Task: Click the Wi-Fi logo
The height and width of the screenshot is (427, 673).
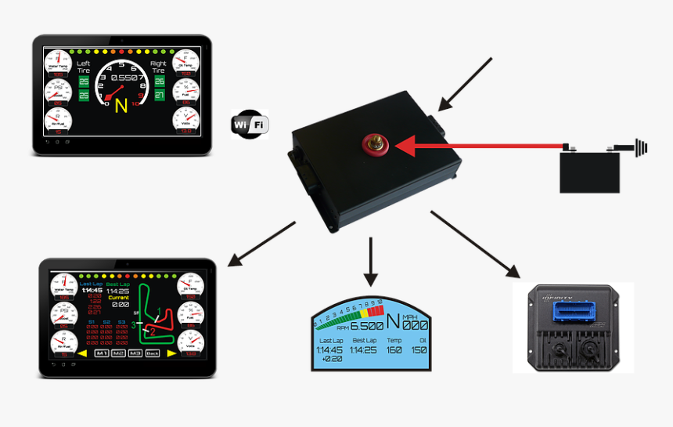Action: coord(250,125)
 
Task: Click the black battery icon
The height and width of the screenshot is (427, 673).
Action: coord(589,172)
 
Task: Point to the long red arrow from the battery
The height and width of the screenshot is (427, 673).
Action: coord(485,146)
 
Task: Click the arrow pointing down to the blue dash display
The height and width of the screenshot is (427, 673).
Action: coord(371,262)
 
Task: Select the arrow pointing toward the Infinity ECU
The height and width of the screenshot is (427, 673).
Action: coord(475,244)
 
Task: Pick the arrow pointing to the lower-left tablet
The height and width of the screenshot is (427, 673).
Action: coord(261,244)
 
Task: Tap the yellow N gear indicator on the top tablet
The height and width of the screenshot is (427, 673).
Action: coord(120,104)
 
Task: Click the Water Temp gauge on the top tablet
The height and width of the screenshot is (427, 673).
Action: coord(57,63)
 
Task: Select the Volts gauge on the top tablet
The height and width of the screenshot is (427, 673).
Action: coord(185,121)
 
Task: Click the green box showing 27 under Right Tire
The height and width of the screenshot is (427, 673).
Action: coord(160,96)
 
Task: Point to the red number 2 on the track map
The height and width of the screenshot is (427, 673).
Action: coord(153,331)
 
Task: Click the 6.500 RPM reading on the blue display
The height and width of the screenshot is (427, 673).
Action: coord(366,325)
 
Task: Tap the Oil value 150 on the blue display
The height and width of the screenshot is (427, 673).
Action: coord(419,349)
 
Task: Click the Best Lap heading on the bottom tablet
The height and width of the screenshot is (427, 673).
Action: coord(118,284)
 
